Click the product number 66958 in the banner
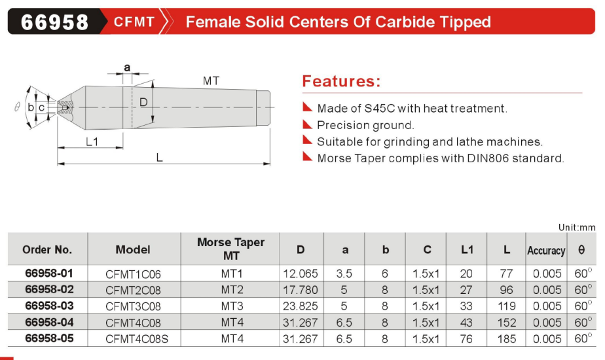pos(54,22)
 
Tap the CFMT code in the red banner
pos(134,22)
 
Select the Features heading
pos(341,81)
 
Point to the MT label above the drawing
pos(211,81)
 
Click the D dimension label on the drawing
pos(143,102)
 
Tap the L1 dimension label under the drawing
pos(92,142)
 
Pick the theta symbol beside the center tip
pos(17,107)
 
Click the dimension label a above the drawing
pos(127,68)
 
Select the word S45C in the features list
pos(380,109)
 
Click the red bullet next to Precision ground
pos(307,124)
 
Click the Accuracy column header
pos(546,251)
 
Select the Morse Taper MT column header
pos(230,249)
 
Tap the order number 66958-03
pos(49,306)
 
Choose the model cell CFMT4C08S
pos(137,339)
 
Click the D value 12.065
pos(300,274)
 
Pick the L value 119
pos(506,306)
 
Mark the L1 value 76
pos(466,339)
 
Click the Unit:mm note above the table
pos(577,227)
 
